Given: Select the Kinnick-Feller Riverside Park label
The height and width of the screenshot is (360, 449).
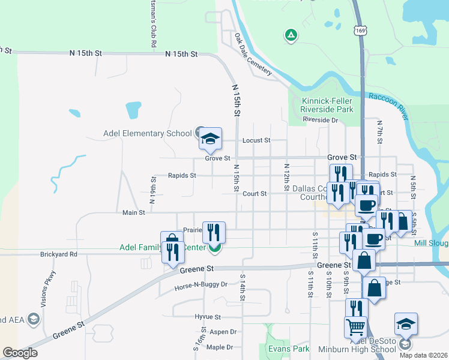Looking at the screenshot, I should (327, 105).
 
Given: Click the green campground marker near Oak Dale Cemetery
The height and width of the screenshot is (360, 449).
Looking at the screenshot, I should (291, 36).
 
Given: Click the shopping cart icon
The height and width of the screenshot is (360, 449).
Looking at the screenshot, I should (355, 328).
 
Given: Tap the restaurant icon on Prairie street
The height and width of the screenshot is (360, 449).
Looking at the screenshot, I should (214, 233).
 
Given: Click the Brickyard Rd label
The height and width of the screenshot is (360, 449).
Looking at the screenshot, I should (59, 254).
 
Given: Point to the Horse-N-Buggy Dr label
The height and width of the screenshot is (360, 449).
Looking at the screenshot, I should (201, 284).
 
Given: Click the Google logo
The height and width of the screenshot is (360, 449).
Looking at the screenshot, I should (20, 353).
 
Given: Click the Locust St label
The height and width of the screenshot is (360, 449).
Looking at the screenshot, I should (256, 140).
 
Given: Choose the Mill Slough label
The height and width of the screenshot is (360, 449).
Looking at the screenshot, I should (431, 243).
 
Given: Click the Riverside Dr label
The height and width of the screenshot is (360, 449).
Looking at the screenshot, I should (321, 120).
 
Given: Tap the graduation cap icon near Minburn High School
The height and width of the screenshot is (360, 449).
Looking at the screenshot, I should (406, 325).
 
